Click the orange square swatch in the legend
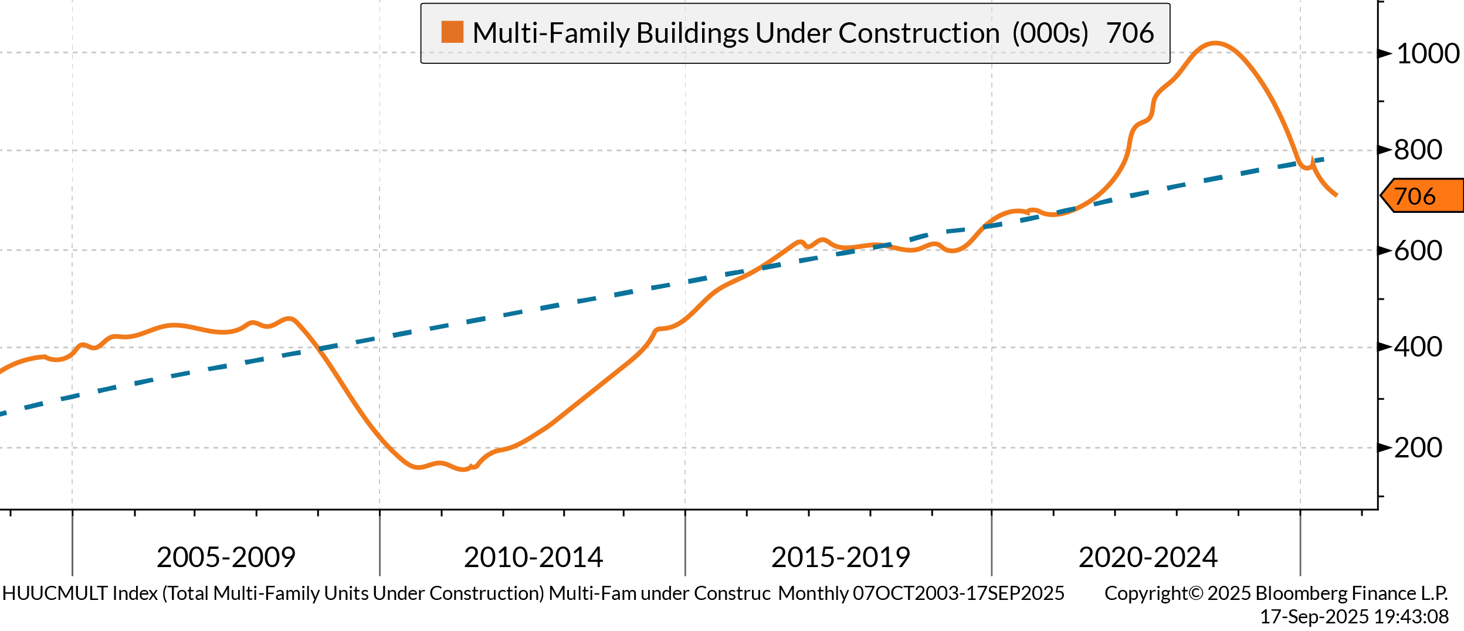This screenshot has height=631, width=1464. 452,32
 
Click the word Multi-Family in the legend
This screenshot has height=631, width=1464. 552,33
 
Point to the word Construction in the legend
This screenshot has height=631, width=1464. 919,33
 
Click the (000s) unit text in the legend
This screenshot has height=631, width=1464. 1049,33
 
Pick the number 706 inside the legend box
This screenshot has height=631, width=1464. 1130,33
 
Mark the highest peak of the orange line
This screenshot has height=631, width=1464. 1215,42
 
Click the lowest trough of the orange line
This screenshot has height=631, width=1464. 463,469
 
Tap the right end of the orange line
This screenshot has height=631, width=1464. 1336,195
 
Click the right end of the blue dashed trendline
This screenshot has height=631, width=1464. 1324,158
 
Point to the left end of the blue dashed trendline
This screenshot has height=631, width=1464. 2,413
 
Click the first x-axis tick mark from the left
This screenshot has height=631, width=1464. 72,546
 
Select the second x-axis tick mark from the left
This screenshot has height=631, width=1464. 379,546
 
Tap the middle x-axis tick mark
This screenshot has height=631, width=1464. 685,546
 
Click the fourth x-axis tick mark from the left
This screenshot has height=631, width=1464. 992,546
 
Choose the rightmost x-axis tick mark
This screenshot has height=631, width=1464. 1300,546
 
